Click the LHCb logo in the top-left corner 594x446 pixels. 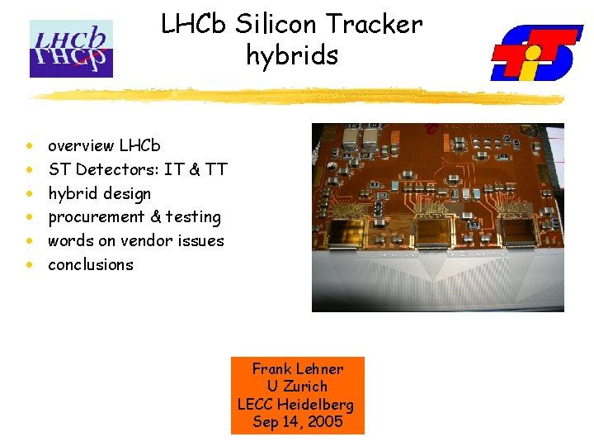71,49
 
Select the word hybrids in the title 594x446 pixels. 292,55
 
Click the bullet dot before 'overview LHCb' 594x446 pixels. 30,146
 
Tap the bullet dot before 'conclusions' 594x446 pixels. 30,266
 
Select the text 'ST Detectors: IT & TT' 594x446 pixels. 138,170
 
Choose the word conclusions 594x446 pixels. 91,265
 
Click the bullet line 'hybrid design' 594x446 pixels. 100,194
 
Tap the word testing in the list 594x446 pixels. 193,217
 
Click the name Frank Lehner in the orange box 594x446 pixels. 297,369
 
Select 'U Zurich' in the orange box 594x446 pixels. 297,387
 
